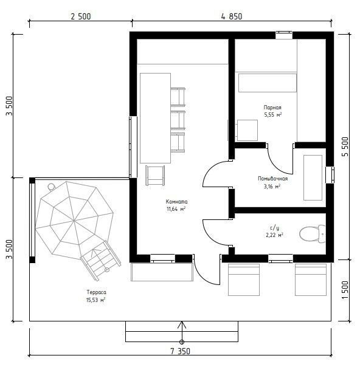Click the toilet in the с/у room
click(313, 234)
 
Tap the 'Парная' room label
click(272, 108)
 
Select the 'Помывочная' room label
click(272, 179)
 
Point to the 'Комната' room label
click(176, 201)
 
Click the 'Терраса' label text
click(96, 292)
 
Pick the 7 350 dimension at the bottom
click(180, 351)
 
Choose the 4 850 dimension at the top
click(232, 16)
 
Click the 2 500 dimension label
click(81, 16)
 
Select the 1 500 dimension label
click(345, 290)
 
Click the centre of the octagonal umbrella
click(74, 221)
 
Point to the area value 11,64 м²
click(176, 209)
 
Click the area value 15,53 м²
click(95, 300)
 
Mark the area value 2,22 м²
click(274, 235)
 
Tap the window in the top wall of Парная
click(284, 35)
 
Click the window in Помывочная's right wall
click(330, 175)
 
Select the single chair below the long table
click(155, 176)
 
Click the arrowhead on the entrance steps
click(181, 325)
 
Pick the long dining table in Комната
click(155, 118)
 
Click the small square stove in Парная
click(247, 130)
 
